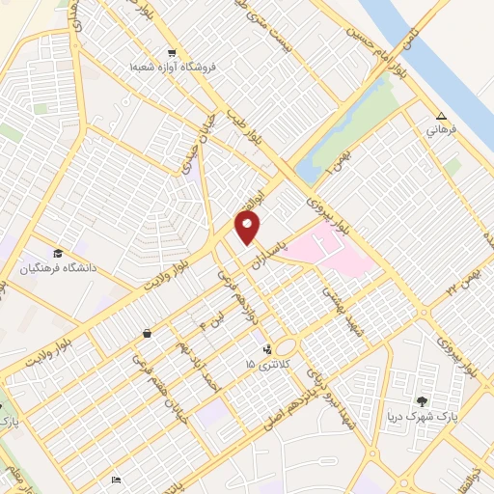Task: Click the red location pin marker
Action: pos(248,228)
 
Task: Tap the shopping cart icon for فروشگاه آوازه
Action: pos(172,53)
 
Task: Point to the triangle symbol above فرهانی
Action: pos(441,112)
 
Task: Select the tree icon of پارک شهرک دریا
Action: pos(421,400)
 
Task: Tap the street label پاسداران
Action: pos(293,247)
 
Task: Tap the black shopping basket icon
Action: pos(146,334)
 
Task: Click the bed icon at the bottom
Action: pos(117,480)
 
